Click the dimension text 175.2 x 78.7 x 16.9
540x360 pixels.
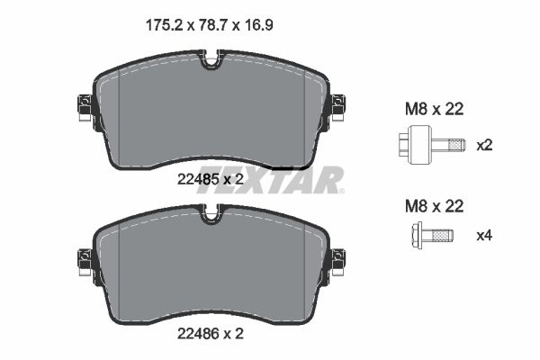pos(209,26)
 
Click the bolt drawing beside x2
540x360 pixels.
pos(430,144)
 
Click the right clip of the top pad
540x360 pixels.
pos(338,109)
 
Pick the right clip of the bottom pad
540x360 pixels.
pos(338,262)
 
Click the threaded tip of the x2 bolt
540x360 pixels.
pos(457,144)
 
